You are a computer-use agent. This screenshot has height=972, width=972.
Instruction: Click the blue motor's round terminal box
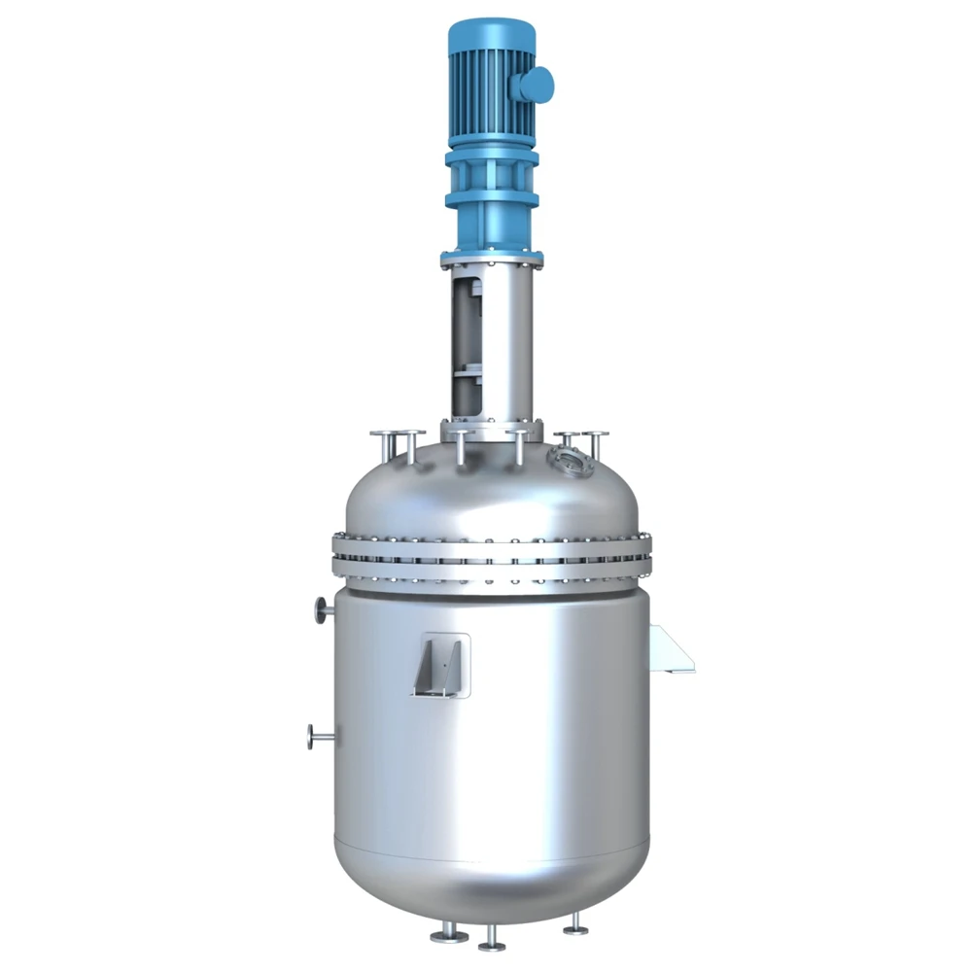click(536, 84)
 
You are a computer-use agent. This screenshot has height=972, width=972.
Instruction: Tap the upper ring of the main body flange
click(491, 542)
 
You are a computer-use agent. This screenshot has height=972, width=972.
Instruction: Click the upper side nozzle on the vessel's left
click(322, 609)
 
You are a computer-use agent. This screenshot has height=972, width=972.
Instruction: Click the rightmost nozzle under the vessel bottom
click(575, 922)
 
